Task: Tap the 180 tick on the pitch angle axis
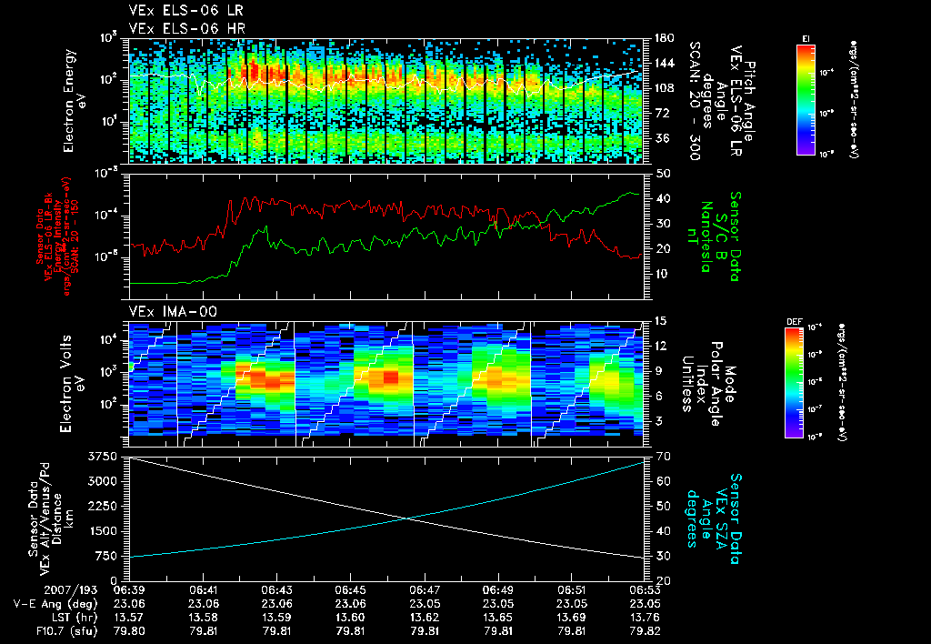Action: tap(663, 38)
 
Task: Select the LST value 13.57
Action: tap(130, 616)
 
